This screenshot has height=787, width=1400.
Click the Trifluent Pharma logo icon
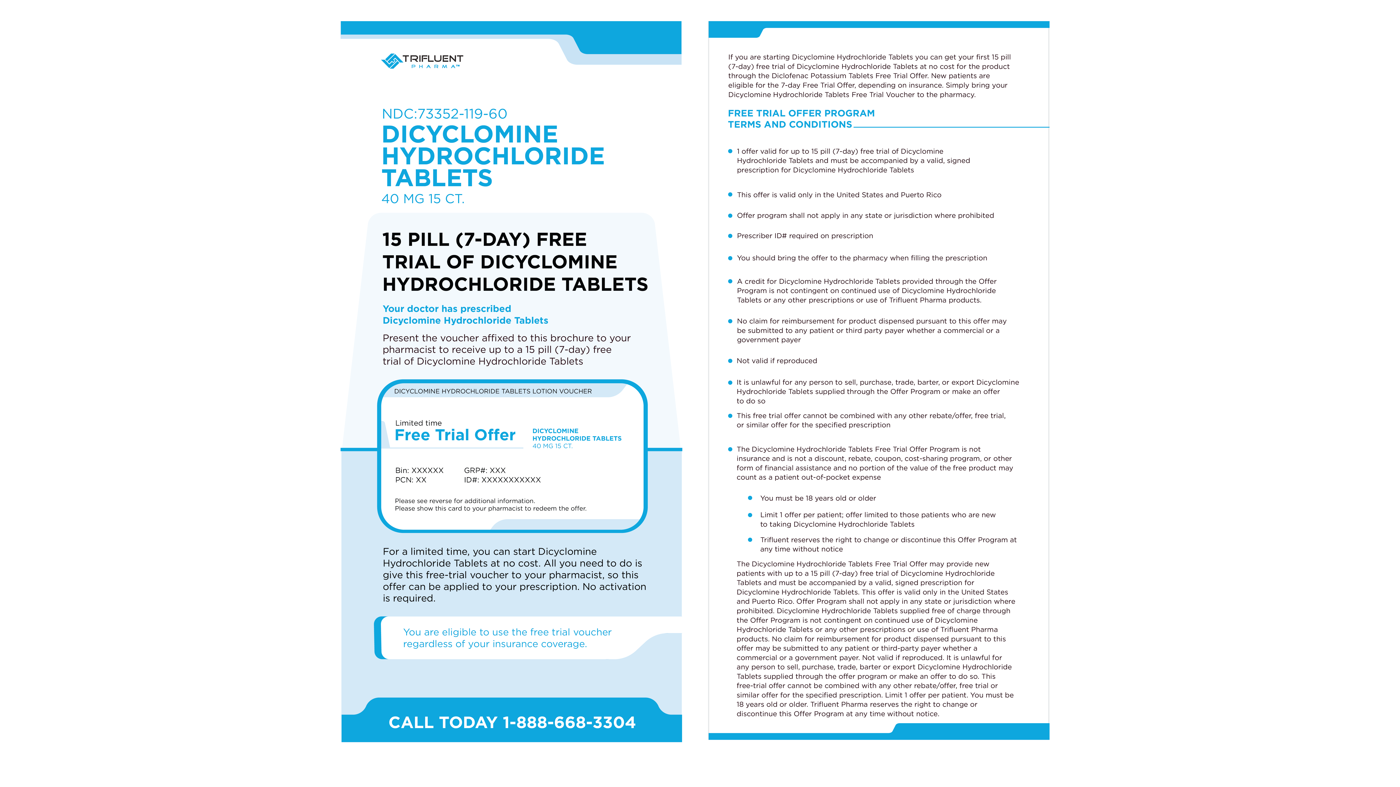pos(391,61)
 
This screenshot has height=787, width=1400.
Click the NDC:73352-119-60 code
pos(444,114)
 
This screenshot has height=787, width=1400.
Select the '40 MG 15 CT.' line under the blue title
pos(423,199)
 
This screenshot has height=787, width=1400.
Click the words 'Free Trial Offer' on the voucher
pos(455,435)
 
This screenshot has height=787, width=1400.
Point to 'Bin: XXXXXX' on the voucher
pos(419,470)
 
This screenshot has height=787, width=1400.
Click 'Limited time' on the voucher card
pos(418,423)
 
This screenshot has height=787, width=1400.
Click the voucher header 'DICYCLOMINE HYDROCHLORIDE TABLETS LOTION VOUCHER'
pos(492,391)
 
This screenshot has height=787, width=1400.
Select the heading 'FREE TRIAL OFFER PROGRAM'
pos(801,113)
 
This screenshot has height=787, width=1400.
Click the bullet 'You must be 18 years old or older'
pos(817,498)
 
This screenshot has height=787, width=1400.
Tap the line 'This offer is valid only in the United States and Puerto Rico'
pos(839,195)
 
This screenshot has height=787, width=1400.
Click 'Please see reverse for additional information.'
pos(465,501)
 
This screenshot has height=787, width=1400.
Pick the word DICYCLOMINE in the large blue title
pos(470,134)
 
